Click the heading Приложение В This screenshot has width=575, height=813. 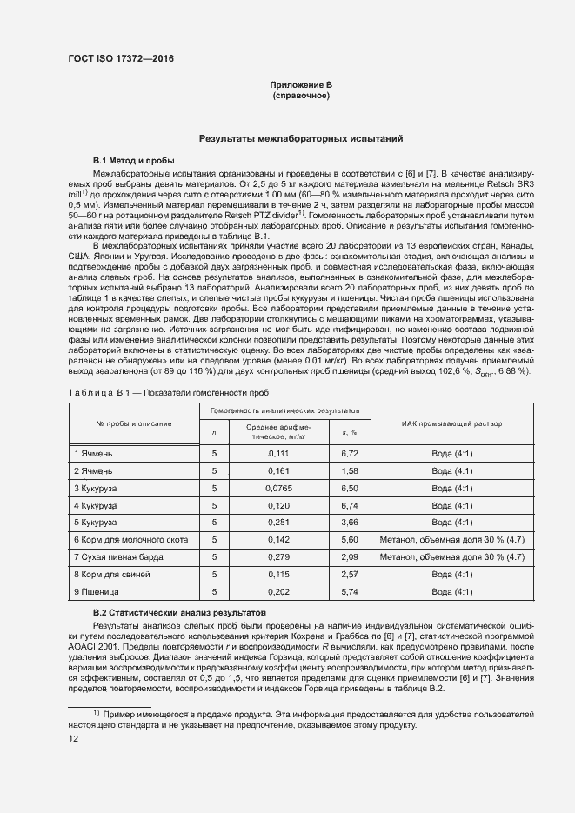301,84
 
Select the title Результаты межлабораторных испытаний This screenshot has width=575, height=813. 300,138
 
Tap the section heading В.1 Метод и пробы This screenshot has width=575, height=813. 133,161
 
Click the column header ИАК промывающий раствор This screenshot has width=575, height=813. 451,423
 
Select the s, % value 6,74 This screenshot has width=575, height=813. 350,504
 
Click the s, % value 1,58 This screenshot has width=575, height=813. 350,470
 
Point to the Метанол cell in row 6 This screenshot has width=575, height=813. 451,539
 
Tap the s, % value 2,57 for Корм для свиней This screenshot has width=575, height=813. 350,574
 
